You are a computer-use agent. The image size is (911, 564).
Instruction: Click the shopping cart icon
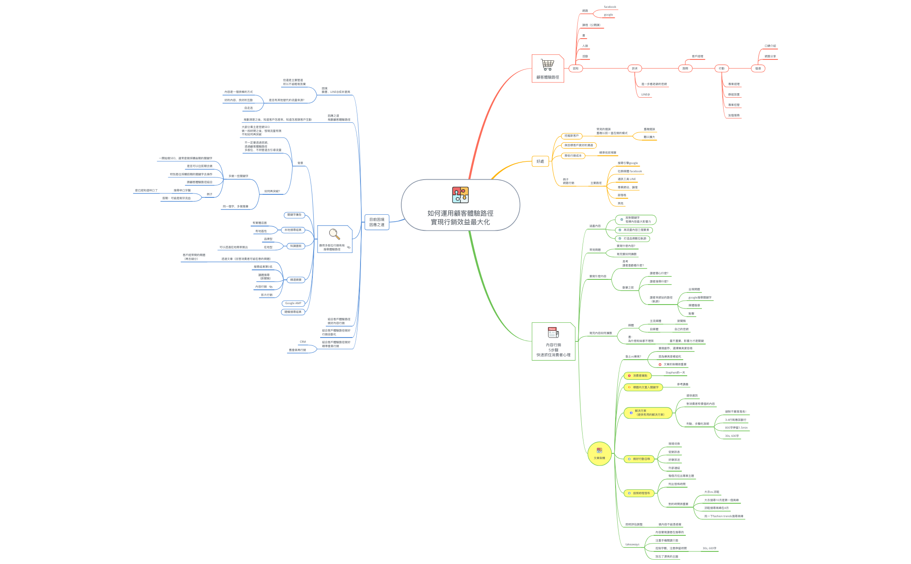click(547, 65)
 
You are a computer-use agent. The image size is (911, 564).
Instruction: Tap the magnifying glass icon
click(334, 234)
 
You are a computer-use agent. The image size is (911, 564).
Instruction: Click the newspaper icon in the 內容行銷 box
click(553, 333)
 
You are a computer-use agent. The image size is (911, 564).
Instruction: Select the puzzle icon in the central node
click(460, 195)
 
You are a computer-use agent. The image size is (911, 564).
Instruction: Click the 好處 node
click(540, 161)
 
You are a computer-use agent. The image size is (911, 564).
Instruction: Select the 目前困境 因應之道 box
click(377, 222)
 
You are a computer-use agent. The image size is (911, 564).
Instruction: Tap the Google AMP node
click(293, 303)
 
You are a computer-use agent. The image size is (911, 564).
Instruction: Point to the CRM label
click(303, 342)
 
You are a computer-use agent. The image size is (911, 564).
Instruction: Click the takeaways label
click(632, 544)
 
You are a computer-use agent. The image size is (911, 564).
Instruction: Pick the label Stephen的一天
click(675, 373)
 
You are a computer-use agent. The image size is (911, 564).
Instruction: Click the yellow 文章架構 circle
click(600, 454)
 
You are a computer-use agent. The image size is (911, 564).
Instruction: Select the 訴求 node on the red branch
click(635, 69)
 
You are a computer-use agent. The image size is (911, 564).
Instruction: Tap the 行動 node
click(721, 69)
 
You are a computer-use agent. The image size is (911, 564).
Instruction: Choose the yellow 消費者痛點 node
click(638, 376)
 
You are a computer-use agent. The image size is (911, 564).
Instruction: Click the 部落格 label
click(622, 195)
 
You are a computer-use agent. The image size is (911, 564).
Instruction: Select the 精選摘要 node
click(296, 280)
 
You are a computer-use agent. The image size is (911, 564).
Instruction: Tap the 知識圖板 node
click(296, 246)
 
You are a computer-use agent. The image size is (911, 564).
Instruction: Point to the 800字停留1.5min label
click(736, 428)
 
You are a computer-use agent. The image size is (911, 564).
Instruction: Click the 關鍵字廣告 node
click(294, 215)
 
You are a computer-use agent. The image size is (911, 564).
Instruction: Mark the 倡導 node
click(758, 69)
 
